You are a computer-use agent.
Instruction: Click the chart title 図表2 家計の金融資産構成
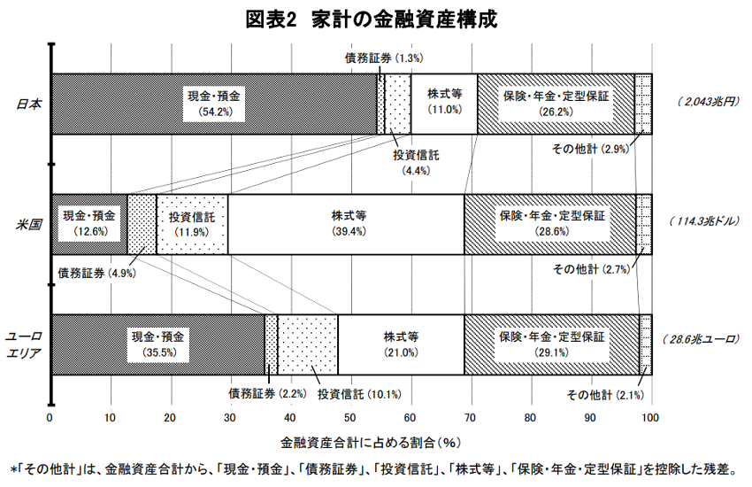[372, 20]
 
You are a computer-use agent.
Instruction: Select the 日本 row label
[29, 104]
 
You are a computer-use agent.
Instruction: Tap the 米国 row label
[29, 224]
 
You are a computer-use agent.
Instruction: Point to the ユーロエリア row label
[24, 344]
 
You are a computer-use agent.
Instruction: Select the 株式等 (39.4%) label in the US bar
[349, 224]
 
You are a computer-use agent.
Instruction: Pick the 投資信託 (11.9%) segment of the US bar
[192, 225]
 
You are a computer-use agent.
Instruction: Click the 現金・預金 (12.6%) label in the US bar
[89, 224]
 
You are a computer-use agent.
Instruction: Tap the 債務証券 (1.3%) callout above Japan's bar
[384, 58]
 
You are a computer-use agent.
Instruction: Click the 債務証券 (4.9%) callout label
[97, 274]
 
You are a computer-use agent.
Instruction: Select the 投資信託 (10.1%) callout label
[359, 394]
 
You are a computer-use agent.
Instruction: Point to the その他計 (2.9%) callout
[590, 149]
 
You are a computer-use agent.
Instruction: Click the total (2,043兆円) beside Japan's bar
[709, 102]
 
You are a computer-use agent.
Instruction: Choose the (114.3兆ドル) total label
[704, 221]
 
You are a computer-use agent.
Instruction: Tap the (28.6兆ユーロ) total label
[702, 339]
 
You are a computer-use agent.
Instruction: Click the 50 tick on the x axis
[350, 417]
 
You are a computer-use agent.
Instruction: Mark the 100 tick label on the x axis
[650, 417]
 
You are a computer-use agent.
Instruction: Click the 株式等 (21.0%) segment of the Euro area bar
[401, 344]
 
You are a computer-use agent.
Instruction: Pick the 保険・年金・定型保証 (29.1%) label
[552, 344]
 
